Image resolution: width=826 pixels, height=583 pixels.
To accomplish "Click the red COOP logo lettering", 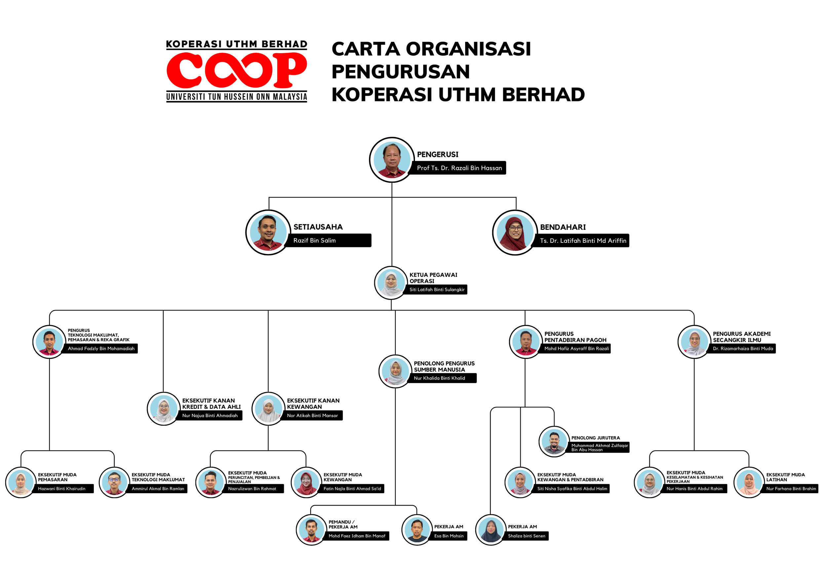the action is (x=236, y=70).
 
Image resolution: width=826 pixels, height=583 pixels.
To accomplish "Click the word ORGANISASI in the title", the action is (x=468, y=49).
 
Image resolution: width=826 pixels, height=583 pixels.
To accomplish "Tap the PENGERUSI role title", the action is (x=437, y=154).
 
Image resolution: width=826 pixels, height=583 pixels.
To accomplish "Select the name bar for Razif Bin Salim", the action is (x=327, y=240).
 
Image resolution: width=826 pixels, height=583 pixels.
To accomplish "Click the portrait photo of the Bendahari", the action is (x=515, y=233).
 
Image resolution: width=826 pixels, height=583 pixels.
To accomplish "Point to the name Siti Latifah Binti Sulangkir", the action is (x=437, y=290).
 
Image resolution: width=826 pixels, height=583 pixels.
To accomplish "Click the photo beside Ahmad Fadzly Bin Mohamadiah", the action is (x=49, y=341).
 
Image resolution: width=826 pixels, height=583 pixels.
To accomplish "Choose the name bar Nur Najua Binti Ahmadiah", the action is (x=210, y=416).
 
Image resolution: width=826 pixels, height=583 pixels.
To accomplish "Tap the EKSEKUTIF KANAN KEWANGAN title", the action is (x=313, y=404).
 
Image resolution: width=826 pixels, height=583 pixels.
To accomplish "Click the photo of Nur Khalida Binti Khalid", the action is (x=395, y=371).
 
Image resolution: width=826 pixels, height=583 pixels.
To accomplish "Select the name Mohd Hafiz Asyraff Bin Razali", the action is (x=576, y=348).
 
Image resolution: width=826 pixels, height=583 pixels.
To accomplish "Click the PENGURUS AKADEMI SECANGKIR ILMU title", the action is (x=741, y=337).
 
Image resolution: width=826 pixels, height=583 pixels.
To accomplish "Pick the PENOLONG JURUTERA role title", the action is (x=595, y=438).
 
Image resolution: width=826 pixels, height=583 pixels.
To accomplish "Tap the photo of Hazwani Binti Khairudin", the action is (x=20, y=482).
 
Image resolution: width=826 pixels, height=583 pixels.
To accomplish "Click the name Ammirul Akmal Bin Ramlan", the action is (x=158, y=489).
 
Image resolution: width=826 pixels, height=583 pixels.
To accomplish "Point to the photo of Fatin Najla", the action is (x=306, y=482).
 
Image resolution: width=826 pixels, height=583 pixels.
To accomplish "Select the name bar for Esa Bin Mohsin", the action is (x=449, y=536).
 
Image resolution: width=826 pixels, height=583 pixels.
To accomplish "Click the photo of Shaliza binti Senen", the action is (x=490, y=530).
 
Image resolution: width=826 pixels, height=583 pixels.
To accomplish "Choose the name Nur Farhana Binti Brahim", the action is (x=791, y=489).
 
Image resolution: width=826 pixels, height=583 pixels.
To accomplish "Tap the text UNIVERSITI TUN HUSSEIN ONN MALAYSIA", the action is (x=236, y=97).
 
